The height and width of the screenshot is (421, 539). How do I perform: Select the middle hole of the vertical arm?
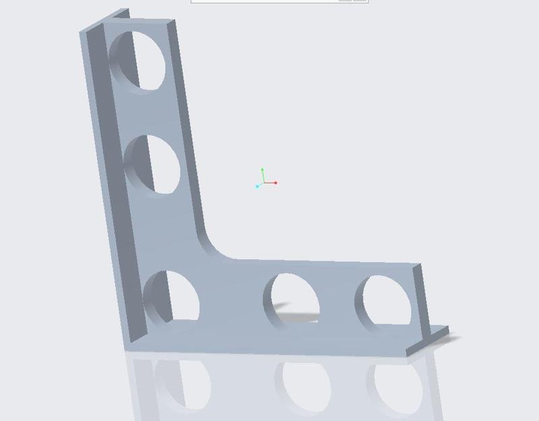(x=154, y=165)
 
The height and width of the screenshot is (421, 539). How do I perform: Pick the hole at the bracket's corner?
(x=172, y=297)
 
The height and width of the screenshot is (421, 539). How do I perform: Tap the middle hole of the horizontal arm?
(x=291, y=300)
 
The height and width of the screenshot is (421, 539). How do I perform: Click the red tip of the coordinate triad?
(x=276, y=183)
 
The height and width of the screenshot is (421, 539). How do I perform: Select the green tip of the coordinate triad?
(x=262, y=170)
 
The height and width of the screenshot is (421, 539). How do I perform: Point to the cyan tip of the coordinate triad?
(x=257, y=186)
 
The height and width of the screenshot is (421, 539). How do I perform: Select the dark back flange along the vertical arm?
(x=108, y=169)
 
